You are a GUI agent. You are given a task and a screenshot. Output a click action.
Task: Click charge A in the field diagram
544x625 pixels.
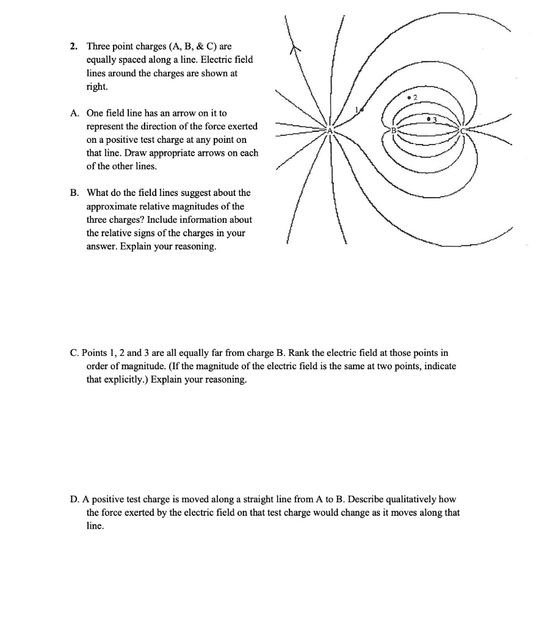coord(330,131)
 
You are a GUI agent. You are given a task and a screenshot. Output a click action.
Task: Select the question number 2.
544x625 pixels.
coord(73,46)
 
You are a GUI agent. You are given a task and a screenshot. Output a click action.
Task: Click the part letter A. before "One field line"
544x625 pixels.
coord(74,113)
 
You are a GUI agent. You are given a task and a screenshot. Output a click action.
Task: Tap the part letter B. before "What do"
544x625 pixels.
coord(74,193)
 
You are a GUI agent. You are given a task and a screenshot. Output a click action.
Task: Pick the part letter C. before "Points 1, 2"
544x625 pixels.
coord(74,353)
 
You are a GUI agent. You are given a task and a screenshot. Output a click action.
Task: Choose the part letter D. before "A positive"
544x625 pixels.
coord(74,499)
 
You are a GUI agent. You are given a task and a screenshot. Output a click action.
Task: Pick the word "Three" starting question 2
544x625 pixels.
coord(98,46)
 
